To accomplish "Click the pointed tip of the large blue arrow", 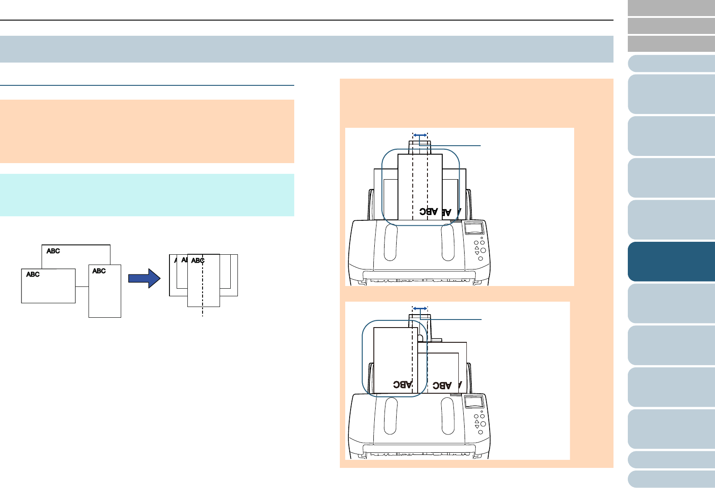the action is click(160, 278).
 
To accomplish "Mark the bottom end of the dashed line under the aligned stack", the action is click(203, 316).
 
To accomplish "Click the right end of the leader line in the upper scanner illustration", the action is click(481, 146).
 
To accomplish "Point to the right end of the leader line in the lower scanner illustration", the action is click(481, 319).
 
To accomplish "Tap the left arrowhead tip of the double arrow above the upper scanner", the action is click(413, 135).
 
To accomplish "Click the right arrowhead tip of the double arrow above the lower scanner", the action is click(427, 309).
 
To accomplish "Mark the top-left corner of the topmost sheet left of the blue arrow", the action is click(42, 245).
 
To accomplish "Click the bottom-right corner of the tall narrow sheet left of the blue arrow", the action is click(121, 317).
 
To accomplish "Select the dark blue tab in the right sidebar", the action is click(671, 261).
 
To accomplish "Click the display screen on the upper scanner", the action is click(474, 228).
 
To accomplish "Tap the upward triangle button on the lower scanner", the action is click(477, 421).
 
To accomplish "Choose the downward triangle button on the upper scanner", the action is click(477, 253).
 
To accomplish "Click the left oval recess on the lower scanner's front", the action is click(390, 416).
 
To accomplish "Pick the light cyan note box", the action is click(147, 195).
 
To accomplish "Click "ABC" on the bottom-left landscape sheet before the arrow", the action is click(33, 274).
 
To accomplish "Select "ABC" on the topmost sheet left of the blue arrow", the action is click(53, 251).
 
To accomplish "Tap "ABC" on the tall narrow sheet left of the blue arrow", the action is click(99, 271).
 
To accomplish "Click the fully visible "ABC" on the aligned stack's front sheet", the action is click(198, 261).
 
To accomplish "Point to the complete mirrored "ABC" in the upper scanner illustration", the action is click(428, 211).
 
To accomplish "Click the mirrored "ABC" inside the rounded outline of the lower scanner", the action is click(403, 384).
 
